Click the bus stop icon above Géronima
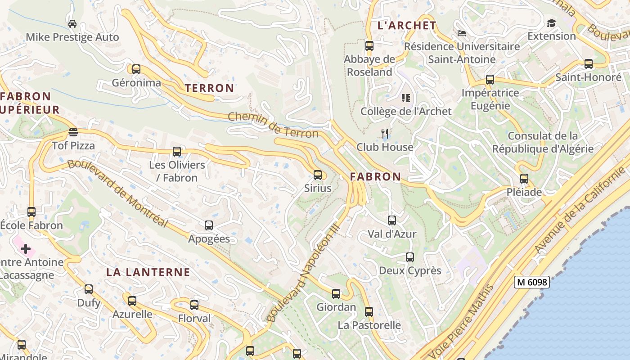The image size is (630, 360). [136, 69]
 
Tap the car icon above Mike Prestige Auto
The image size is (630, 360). [72, 23]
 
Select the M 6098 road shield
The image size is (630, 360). [532, 282]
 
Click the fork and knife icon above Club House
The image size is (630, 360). [385, 134]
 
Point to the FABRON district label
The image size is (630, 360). [375, 177]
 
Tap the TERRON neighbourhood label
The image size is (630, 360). [209, 88]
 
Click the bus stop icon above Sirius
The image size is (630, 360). [318, 175]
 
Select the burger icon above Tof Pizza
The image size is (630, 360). [73, 132]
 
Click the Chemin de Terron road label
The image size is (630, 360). [273, 125]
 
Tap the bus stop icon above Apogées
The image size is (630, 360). [209, 225]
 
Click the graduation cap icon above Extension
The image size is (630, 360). [551, 23]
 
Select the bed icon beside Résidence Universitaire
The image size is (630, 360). [461, 33]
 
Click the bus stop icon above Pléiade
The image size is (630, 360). [524, 179]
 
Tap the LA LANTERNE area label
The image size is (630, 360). [148, 272]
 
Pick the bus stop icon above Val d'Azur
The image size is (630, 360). [392, 220]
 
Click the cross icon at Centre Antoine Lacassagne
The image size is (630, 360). [26, 248]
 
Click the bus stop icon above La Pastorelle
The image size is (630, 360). [369, 312]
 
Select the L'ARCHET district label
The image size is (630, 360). [407, 26]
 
